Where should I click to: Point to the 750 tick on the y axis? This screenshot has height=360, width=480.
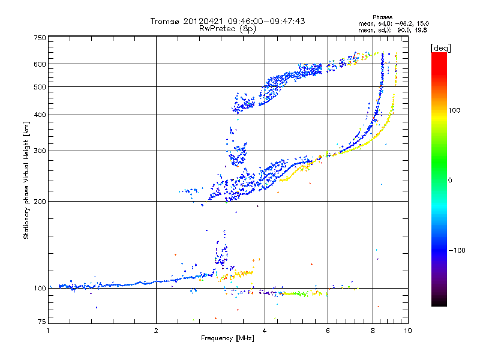pos(39,38)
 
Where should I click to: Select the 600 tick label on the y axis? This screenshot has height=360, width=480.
pos(39,64)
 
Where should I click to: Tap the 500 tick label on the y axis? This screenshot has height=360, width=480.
pos(39,87)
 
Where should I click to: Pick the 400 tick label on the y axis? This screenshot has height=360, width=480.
pos(39,115)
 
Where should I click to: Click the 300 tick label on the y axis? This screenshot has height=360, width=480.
pos(39,151)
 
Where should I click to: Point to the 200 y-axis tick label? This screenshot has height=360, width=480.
pos(39,202)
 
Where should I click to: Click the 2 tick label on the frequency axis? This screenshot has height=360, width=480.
pos(156,331)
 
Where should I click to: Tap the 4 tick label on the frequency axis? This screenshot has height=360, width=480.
pos(265,331)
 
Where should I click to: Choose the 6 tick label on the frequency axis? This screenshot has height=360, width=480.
pos(328,331)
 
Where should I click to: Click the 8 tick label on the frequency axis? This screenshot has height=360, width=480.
pos(373,331)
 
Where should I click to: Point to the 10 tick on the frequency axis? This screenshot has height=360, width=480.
pos(407,331)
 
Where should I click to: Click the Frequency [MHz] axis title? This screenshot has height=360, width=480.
pos(227,338)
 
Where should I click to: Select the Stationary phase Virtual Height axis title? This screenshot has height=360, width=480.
pos(26,180)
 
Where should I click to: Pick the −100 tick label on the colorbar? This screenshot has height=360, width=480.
pos(457,250)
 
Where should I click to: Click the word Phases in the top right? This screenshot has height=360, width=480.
pos(382,17)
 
